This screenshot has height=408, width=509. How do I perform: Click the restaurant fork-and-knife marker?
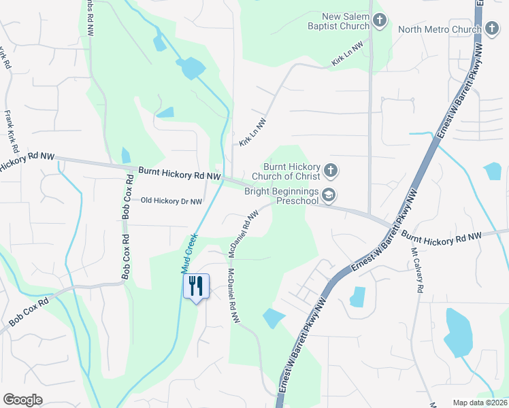(196, 286)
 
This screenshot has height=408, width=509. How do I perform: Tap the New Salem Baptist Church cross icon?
(379, 21)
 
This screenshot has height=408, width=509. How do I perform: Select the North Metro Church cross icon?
(491, 29)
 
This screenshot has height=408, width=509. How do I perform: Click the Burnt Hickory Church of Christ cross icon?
(330, 170)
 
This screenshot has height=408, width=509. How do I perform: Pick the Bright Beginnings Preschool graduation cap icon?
(329, 196)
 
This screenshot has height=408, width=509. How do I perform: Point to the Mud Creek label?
(190, 253)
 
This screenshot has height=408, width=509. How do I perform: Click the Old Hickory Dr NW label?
(171, 201)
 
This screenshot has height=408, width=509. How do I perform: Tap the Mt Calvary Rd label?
(417, 269)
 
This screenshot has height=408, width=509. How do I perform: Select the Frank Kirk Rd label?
(10, 130)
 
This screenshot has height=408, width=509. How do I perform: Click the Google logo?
(22, 400)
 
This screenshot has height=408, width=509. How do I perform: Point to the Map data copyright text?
(480, 403)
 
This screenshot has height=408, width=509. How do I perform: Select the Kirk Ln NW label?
(252, 132)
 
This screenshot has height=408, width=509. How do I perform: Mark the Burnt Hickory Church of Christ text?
(291, 171)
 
